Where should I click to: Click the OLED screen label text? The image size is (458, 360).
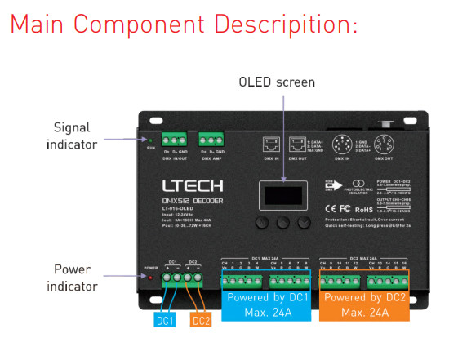[277, 82]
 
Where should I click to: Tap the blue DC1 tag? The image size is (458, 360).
[166, 321]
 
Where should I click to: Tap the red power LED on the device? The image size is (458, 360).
[150, 276]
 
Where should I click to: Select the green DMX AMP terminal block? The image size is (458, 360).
[211, 140]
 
